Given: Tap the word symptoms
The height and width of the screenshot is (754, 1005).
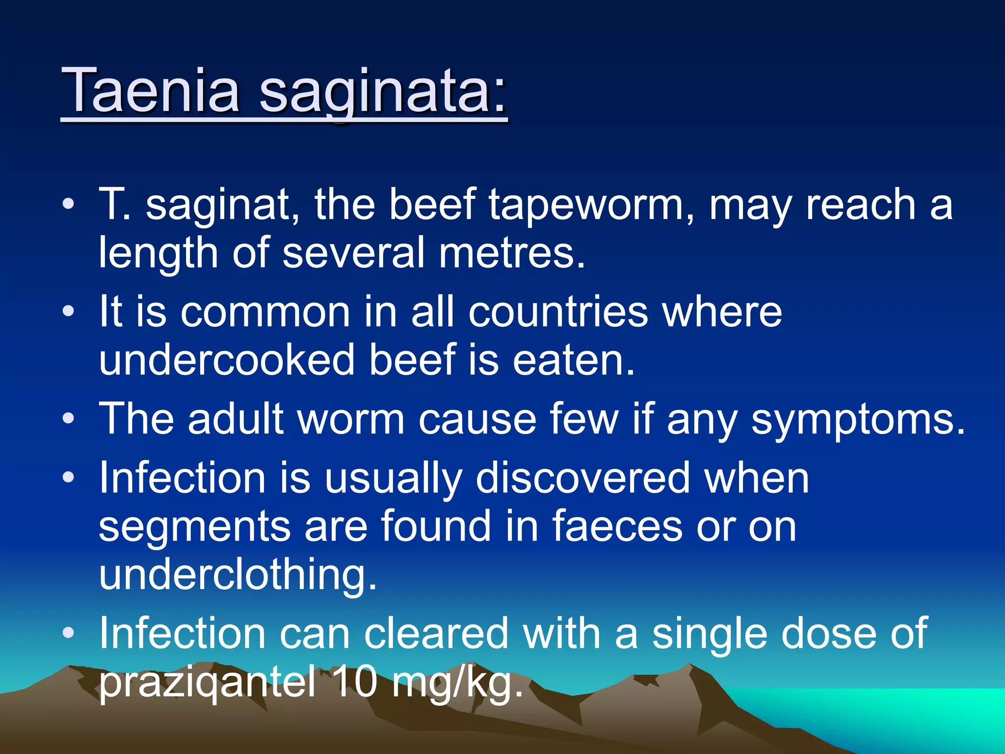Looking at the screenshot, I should [858, 420].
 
